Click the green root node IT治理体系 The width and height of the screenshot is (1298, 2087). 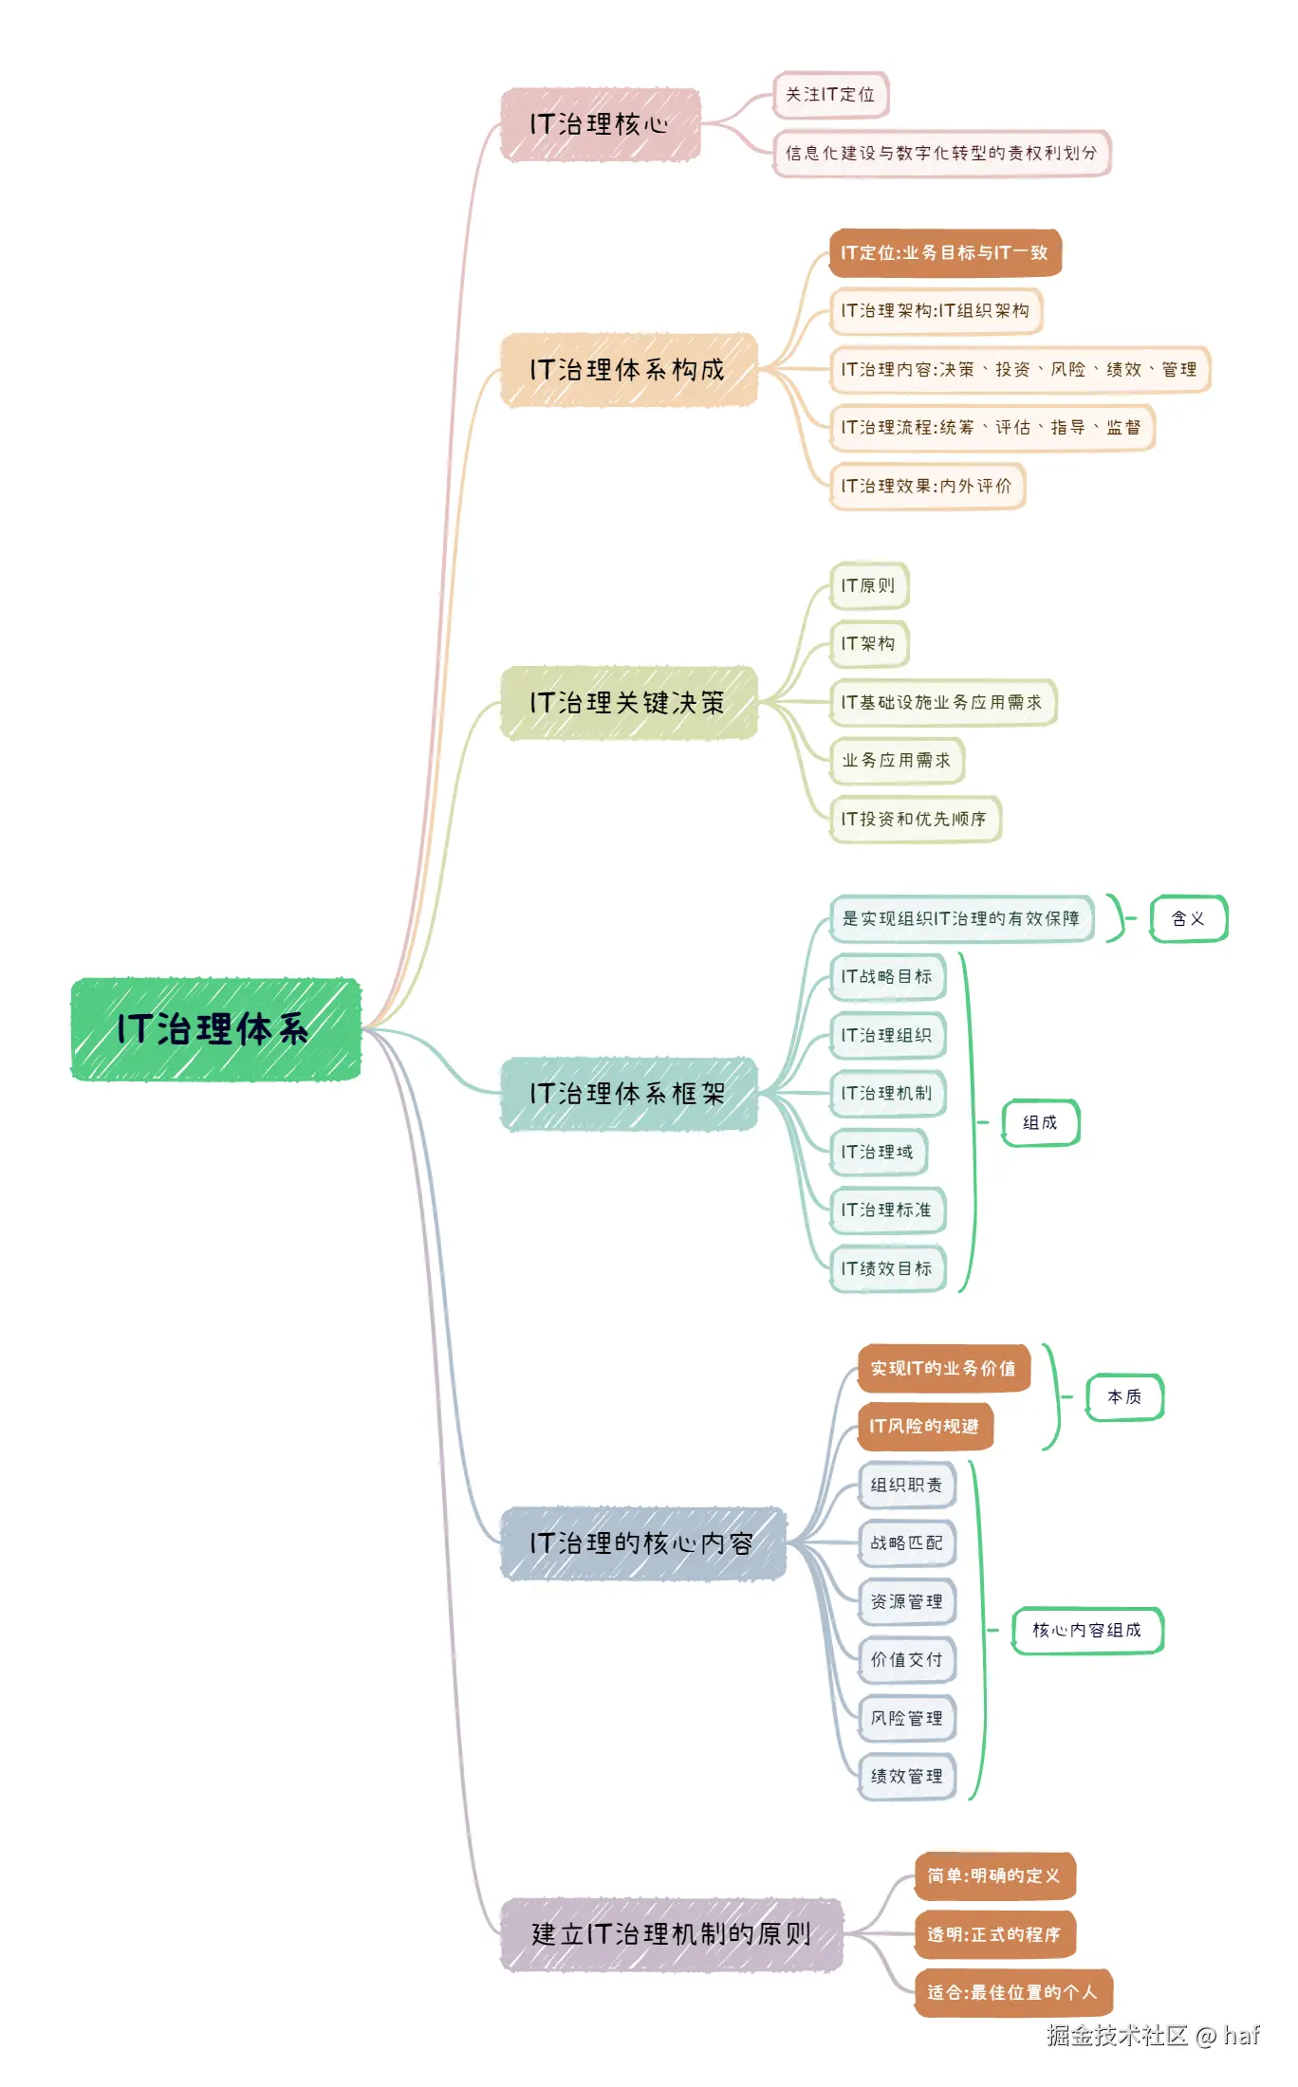pyautogui.click(x=215, y=1029)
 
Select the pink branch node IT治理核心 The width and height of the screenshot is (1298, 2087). pyautogui.click(x=600, y=124)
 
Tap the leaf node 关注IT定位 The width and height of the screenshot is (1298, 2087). pyautogui.click(x=830, y=95)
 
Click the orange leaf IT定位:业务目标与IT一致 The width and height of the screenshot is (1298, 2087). pyautogui.click(x=944, y=252)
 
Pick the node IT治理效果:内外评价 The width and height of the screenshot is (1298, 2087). pyautogui.click(x=926, y=486)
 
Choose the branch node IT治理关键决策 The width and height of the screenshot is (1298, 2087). pyautogui.click(x=628, y=703)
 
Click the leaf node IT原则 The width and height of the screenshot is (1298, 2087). pyautogui.click(x=868, y=585)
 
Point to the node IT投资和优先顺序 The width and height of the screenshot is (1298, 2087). pyautogui.click(x=915, y=819)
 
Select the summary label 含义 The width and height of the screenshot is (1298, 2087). pyautogui.click(x=1188, y=918)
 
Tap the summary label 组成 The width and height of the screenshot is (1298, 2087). pyautogui.click(x=1040, y=1122)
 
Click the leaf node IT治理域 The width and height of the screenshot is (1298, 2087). pyautogui.click(x=878, y=1152)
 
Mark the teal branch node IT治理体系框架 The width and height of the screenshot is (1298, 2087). pyautogui.click(x=628, y=1094)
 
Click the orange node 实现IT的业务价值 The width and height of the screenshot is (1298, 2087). pyautogui.click(x=943, y=1368)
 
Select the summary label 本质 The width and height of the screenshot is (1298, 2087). pyautogui.click(x=1124, y=1396)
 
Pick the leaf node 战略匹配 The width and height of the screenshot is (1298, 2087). pyautogui.click(x=906, y=1543)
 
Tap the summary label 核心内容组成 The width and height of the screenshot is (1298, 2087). pyautogui.click(x=1086, y=1630)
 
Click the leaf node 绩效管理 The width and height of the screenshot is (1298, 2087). pyautogui.click(x=906, y=1776)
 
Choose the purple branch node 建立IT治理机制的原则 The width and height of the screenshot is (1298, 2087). pyautogui.click(x=671, y=1934)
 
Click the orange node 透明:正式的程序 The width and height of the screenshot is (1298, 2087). pyautogui.click(x=993, y=1934)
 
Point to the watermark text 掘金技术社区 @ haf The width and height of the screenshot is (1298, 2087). pyautogui.click(x=1152, y=2035)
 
